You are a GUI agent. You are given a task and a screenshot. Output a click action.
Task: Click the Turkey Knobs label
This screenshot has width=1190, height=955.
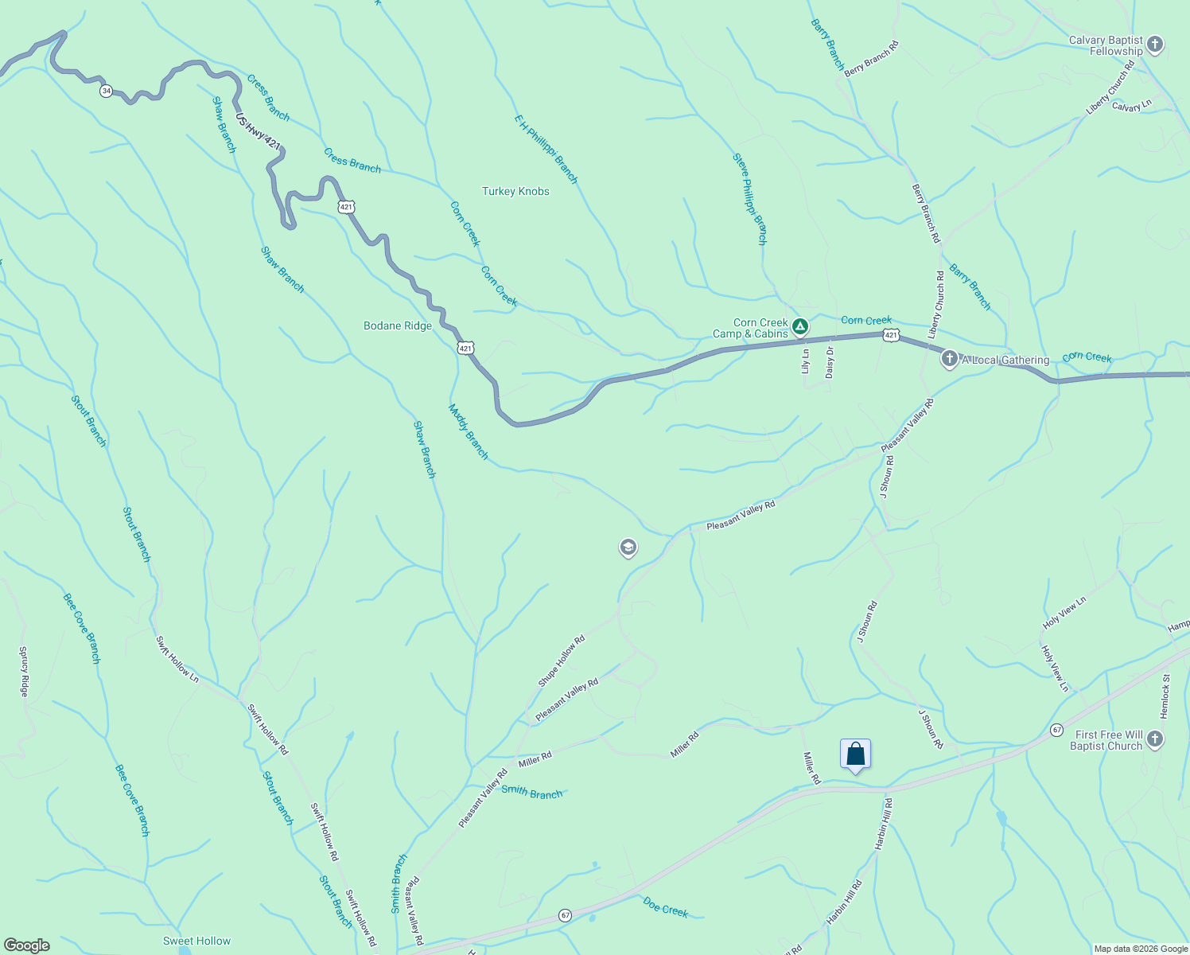[515, 191]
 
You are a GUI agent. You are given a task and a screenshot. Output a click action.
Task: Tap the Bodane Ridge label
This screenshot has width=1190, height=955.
[398, 325]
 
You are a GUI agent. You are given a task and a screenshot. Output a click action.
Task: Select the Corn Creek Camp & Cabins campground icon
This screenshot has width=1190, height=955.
[800, 326]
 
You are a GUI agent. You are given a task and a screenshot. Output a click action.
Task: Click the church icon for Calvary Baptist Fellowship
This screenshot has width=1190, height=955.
[1156, 45]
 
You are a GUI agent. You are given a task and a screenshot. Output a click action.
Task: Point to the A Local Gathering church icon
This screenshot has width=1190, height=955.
[949, 359]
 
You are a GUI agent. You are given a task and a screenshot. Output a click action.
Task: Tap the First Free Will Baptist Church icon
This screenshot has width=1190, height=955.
[1155, 739]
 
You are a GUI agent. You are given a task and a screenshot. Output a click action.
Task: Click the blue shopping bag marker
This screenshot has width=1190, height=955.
[855, 754]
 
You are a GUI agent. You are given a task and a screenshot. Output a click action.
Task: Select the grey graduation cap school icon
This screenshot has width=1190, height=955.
[628, 548]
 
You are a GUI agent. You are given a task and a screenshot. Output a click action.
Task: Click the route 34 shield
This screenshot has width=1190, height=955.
[107, 91]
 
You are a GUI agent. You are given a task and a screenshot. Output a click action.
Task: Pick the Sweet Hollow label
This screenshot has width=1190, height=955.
[196, 941]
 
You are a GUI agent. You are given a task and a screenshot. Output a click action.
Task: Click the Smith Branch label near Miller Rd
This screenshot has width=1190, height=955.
[531, 793]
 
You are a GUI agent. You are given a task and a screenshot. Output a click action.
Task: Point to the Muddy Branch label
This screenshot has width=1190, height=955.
[468, 432]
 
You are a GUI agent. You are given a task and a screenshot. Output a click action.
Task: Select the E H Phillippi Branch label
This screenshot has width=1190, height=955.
[546, 149]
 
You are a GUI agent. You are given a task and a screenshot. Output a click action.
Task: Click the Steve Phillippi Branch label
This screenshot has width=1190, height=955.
[750, 198]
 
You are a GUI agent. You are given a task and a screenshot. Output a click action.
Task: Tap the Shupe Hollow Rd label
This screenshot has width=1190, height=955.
[562, 661]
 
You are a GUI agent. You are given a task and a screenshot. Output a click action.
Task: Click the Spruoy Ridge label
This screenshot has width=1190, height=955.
[24, 672]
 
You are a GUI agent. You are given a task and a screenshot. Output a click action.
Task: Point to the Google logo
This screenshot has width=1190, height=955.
[26, 945]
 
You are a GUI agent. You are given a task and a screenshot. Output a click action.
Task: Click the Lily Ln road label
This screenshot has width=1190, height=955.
[805, 361]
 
